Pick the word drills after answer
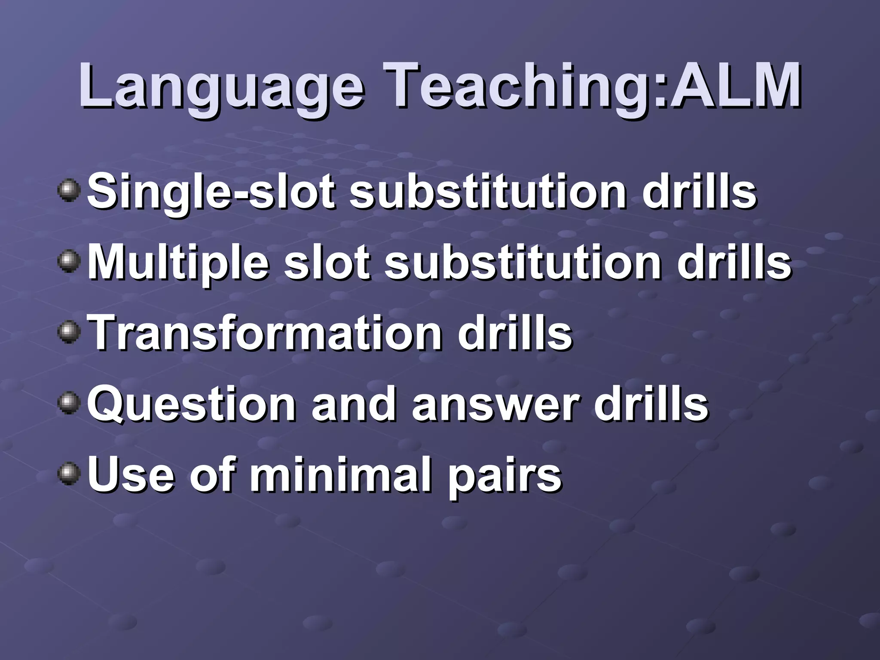(651, 405)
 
